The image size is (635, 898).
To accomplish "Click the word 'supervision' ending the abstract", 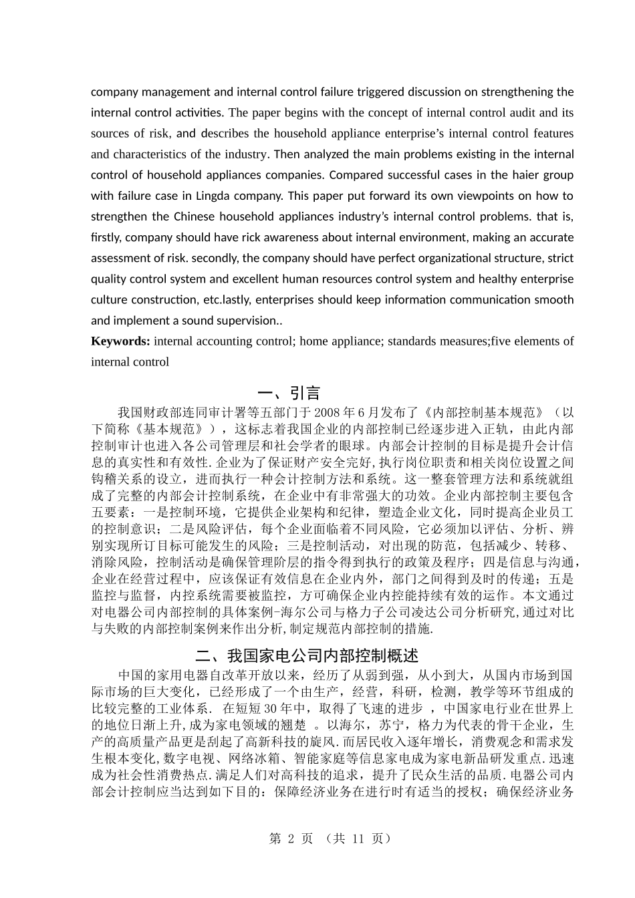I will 247,321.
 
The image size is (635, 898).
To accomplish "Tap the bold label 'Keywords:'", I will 120,341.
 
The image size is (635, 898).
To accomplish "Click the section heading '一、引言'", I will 289,393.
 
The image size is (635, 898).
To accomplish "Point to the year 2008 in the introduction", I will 326,412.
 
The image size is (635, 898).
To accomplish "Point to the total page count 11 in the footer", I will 358,839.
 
